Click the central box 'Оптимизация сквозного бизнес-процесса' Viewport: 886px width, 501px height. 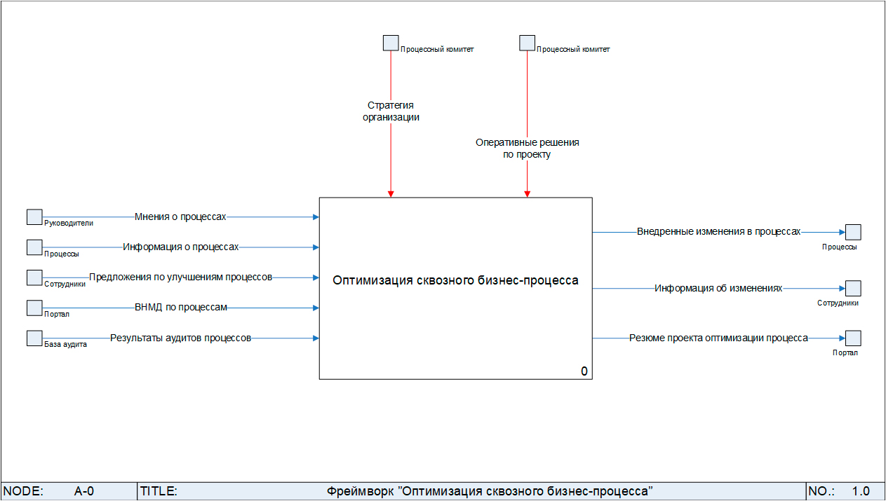tap(455, 281)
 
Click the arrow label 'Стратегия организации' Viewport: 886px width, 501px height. tap(391, 111)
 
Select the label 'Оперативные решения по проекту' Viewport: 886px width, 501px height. tap(527, 149)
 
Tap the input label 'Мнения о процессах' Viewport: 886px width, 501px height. tap(180, 217)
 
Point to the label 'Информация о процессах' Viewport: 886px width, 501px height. tap(181, 247)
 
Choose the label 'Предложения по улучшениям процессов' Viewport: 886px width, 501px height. tap(180, 277)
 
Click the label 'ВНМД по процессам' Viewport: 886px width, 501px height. tap(181, 308)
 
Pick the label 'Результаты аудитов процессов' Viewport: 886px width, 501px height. tap(180, 338)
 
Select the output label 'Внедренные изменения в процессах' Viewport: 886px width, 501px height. tap(718, 231)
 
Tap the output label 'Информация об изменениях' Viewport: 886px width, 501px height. tap(718, 288)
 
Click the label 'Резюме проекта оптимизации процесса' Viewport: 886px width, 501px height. tap(718, 338)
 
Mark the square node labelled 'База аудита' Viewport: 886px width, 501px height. tap(34, 338)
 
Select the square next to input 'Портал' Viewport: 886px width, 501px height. tap(34, 308)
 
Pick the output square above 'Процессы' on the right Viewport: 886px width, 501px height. tap(853, 232)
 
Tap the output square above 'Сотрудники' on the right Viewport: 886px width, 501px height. tap(853, 288)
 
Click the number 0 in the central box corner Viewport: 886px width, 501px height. tap(584, 371)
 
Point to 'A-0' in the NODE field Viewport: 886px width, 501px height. tap(84, 491)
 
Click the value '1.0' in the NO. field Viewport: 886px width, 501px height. tap(861, 491)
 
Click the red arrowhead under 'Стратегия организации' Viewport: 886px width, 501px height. tap(391, 193)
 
